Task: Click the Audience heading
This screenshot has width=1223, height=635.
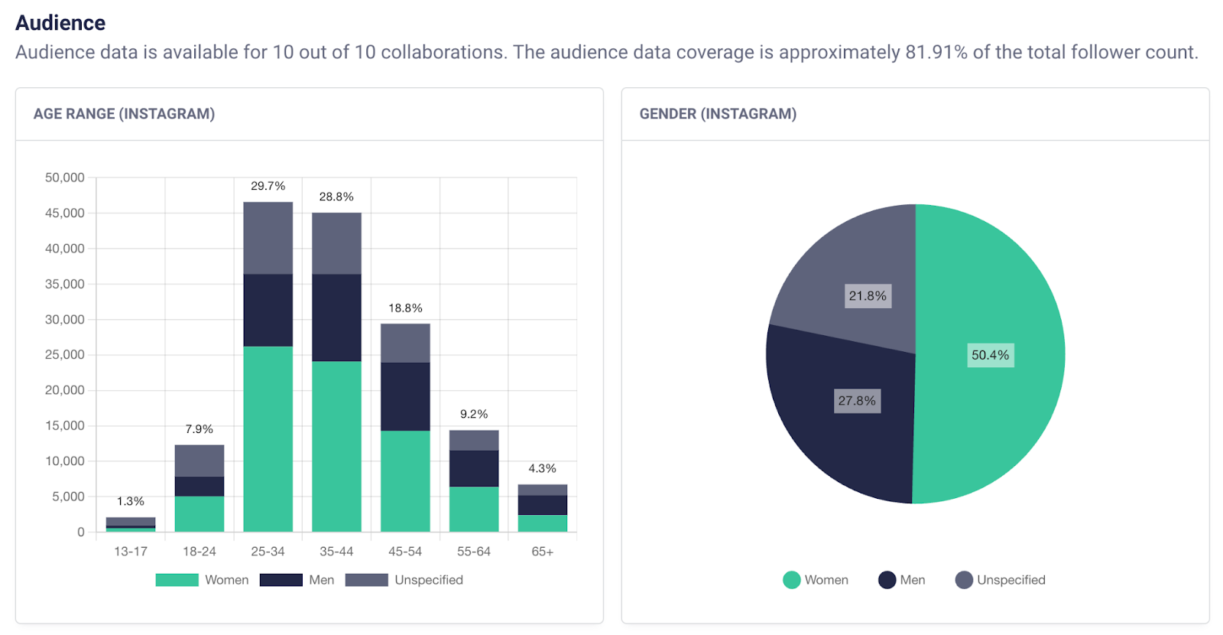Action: click(60, 23)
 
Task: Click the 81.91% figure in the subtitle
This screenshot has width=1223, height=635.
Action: click(936, 52)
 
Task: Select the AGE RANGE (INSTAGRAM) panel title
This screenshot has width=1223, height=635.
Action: click(124, 114)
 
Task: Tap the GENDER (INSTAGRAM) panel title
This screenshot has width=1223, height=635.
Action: click(718, 114)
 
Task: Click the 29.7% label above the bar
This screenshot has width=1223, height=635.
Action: click(268, 186)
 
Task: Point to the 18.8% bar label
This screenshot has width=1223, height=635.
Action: click(405, 308)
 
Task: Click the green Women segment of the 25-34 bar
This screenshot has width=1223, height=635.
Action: click(268, 439)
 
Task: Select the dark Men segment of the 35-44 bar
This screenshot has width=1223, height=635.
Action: click(336, 317)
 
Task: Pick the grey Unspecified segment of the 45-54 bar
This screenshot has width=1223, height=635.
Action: click(405, 343)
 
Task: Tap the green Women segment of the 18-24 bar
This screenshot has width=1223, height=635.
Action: click(199, 514)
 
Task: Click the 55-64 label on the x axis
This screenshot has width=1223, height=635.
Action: click(473, 552)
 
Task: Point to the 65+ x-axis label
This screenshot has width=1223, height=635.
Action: click(542, 552)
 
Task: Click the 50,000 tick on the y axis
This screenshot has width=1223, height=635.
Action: click(65, 177)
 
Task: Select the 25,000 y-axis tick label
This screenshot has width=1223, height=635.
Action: click(65, 354)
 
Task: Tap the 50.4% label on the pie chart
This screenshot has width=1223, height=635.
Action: click(990, 355)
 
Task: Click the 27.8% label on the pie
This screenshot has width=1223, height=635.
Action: click(857, 401)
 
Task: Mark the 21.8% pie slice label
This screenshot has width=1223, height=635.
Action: click(868, 296)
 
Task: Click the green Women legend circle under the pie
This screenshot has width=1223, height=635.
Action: click(792, 580)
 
